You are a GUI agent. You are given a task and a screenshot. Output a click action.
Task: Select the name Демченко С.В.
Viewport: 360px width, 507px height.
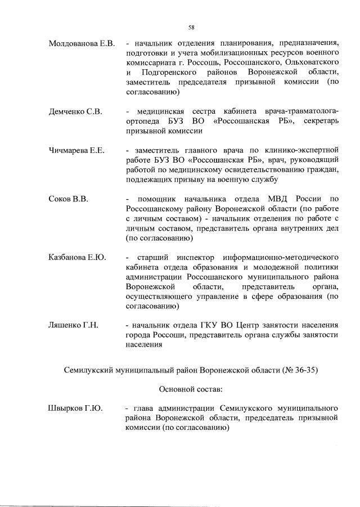tap(75, 112)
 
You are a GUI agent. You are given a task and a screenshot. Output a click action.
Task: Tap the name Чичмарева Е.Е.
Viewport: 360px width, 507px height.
tap(77, 150)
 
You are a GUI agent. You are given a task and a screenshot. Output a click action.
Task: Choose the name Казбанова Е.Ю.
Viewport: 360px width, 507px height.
tap(77, 258)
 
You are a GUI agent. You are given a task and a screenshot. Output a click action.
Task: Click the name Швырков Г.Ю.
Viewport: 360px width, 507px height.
tap(75, 407)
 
